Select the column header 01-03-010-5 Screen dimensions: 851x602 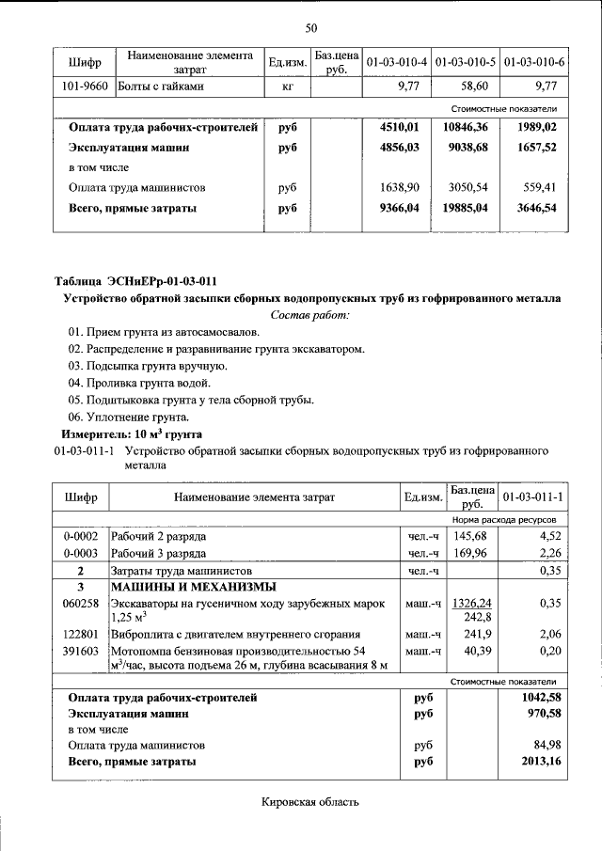click(x=466, y=63)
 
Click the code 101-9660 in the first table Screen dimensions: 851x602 click(x=84, y=87)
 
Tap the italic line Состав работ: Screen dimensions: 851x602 click(x=309, y=315)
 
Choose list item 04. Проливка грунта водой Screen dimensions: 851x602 click(x=139, y=383)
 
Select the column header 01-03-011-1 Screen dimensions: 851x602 click(x=532, y=496)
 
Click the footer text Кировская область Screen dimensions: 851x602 click(x=309, y=802)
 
